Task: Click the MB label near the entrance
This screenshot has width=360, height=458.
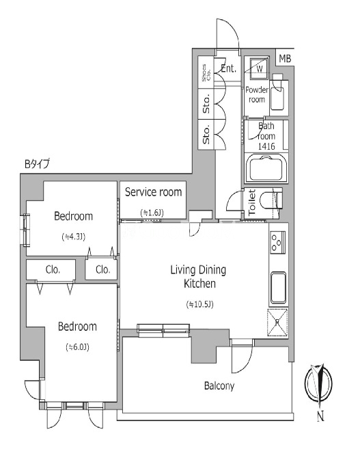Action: click(x=285, y=59)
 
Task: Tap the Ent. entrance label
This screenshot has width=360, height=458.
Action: click(x=228, y=68)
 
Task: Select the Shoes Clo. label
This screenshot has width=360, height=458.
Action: click(x=206, y=72)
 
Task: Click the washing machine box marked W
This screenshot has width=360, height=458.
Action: click(x=260, y=68)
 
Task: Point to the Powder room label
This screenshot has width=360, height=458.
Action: click(x=257, y=94)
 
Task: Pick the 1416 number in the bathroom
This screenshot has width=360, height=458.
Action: click(x=266, y=146)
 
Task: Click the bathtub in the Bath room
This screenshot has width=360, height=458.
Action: click(x=266, y=169)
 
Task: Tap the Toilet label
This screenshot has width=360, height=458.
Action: click(x=252, y=202)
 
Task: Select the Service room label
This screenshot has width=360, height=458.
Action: click(x=153, y=192)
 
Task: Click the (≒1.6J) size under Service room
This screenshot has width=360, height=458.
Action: click(x=152, y=213)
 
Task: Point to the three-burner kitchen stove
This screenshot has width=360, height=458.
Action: click(x=277, y=242)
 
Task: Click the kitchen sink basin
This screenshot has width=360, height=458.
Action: click(x=279, y=288)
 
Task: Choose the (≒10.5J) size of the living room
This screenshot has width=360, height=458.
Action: click(x=199, y=305)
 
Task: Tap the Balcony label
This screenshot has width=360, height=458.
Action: click(x=219, y=386)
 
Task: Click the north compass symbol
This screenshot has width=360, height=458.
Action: click(x=318, y=383)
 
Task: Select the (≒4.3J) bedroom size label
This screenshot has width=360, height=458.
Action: click(x=74, y=237)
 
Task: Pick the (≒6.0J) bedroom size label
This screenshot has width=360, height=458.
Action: click(x=77, y=347)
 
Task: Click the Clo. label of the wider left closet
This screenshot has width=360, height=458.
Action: click(x=53, y=269)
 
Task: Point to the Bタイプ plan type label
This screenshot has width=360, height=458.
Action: click(x=37, y=164)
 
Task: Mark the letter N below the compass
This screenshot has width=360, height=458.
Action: click(x=320, y=416)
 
